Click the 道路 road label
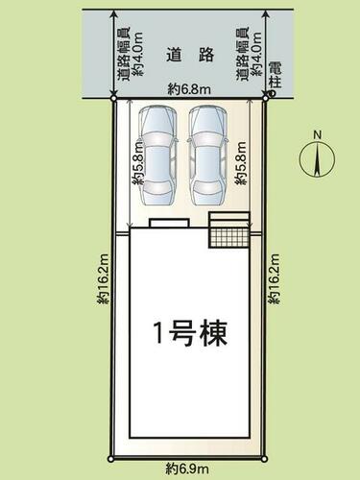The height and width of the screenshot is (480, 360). pyautogui.click(x=190, y=55)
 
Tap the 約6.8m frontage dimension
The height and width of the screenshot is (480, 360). pyautogui.click(x=189, y=90)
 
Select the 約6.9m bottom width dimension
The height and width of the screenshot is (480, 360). pyautogui.click(x=187, y=469)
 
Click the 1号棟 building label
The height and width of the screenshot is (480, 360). pyautogui.click(x=190, y=333)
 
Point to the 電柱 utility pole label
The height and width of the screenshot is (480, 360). pyautogui.click(x=275, y=75)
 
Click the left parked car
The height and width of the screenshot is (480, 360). pyautogui.click(x=157, y=156)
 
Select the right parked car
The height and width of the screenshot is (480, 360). pyautogui.click(x=208, y=156)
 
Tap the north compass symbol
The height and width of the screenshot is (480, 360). pyautogui.click(x=317, y=158)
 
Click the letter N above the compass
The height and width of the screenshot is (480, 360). pyautogui.click(x=317, y=134)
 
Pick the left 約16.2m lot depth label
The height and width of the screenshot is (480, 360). pyautogui.click(x=104, y=278)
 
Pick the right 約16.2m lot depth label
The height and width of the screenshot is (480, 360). pyautogui.click(x=274, y=278)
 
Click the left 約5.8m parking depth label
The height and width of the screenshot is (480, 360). pyautogui.click(x=139, y=163)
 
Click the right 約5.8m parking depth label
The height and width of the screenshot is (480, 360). pyautogui.click(x=241, y=163)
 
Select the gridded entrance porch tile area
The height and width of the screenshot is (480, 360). pyautogui.click(x=229, y=237)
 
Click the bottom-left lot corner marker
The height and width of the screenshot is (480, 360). pyautogui.click(x=110, y=459)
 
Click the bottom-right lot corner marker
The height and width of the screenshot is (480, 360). pyautogui.click(x=265, y=459)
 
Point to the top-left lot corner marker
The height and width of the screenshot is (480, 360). pyautogui.click(x=113, y=99)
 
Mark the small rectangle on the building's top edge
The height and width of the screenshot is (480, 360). pyautogui.click(x=170, y=223)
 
